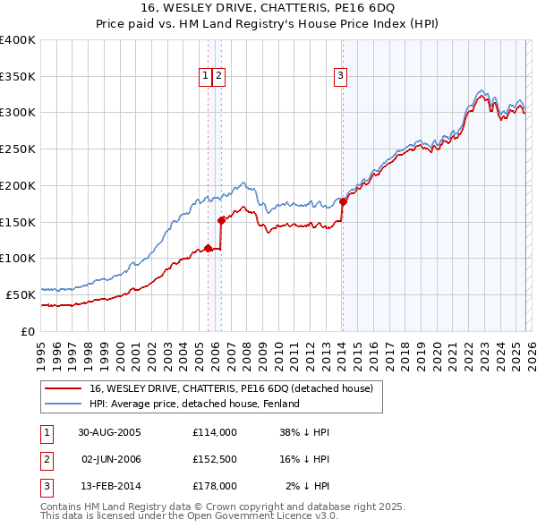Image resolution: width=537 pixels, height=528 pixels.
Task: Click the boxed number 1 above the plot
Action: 206,77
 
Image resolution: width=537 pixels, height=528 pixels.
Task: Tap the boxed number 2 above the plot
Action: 218,77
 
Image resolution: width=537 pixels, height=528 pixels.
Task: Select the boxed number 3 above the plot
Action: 341,77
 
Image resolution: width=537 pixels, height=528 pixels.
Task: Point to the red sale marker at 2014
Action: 343,201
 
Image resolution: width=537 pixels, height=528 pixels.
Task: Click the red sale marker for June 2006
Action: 221,219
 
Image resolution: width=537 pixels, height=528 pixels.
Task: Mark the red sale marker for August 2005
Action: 209,248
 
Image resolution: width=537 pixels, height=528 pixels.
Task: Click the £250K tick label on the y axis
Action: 18,149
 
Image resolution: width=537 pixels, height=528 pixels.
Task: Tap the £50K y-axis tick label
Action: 21,294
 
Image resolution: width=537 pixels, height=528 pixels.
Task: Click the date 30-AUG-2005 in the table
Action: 108,432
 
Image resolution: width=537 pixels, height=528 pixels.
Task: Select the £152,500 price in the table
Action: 215,459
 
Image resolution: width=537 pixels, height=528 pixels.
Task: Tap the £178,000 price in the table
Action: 215,486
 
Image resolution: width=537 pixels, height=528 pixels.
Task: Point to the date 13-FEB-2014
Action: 108,486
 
